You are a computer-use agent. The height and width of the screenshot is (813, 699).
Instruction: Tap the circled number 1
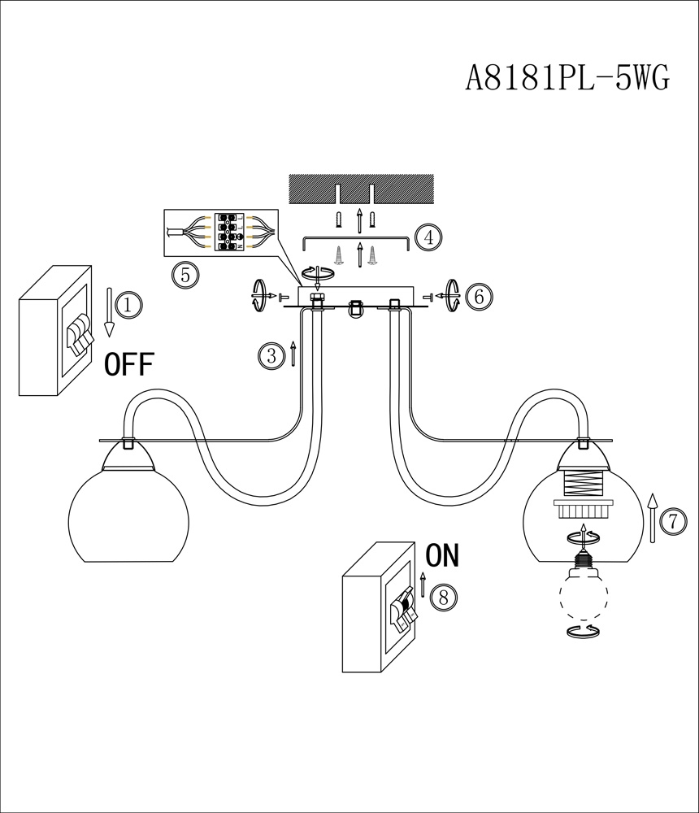(x=128, y=305)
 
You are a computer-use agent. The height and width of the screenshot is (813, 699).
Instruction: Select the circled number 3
(x=271, y=354)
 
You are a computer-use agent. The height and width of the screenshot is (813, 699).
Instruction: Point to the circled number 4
(x=428, y=237)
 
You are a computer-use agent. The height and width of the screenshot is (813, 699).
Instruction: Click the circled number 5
(x=185, y=274)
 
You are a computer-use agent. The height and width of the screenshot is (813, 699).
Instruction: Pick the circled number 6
(x=479, y=297)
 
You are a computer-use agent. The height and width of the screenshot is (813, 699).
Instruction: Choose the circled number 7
(x=672, y=521)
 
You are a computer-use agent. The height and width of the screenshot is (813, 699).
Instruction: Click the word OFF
(x=129, y=365)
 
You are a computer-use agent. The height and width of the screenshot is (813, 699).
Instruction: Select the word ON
(x=442, y=556)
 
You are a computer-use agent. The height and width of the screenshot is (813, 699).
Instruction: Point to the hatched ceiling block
(x=358, y=189)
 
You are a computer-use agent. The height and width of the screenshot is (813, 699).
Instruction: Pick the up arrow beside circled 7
(x=651, y=517)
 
